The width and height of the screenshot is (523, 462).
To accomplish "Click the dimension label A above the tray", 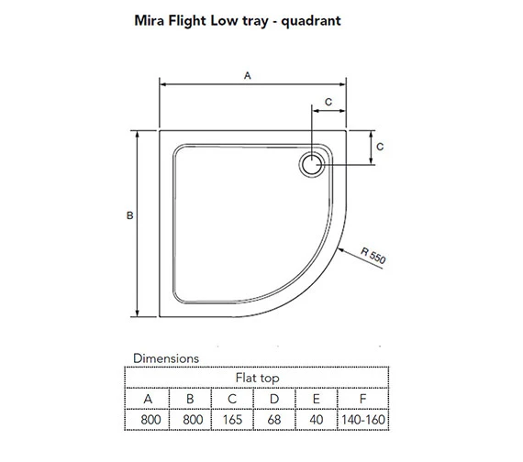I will tap(247, 77).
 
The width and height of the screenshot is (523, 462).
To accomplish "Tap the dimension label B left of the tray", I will tap(130, 215).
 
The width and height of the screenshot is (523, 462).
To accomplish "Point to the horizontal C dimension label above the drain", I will tap(328, 103).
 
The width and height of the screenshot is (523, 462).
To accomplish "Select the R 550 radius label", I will tap(375, 256).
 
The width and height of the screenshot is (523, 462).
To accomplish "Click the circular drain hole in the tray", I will tap(311, 165).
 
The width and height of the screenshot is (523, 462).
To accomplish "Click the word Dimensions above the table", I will tap(166, 358).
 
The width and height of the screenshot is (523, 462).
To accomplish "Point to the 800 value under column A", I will tap(147, 419).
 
